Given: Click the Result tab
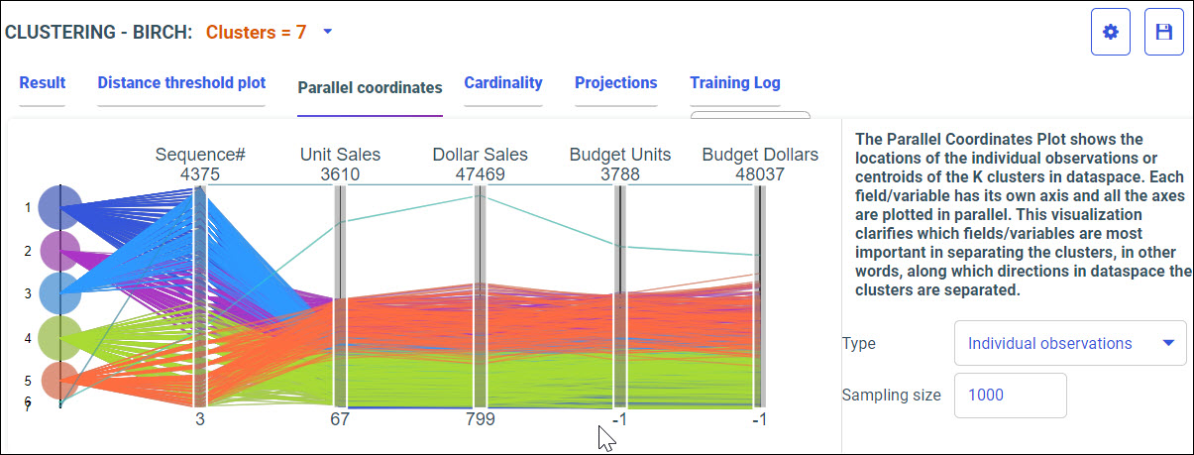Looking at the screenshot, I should click(42, 83).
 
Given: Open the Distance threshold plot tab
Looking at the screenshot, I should click(181, 83).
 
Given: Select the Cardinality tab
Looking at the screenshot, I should click(503, 83).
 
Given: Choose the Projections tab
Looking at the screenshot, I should click(615, 83).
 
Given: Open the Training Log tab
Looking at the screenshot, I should click(735, 83).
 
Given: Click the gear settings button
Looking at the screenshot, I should click(1111, 33).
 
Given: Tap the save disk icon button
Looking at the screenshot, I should click(1164, 33).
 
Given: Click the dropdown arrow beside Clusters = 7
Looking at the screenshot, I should click(328, 31).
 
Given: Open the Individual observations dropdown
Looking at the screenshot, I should click(1070, 343).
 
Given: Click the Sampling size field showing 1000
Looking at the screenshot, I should click(1010, 395).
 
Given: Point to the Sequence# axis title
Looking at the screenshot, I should click(200, 155).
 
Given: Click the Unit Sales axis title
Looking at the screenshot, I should click(340, 155).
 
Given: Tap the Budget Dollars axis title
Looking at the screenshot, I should click(760, 155).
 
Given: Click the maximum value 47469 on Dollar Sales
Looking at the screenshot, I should click(480, 174).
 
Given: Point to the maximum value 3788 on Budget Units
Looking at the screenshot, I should click(619, 174).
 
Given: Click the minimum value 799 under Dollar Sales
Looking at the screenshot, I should click(480, 419).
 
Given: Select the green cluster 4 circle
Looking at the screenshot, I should click(60, 338).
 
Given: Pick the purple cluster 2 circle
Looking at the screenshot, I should click(60, 251).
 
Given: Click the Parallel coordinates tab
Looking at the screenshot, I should click(370, 87).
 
